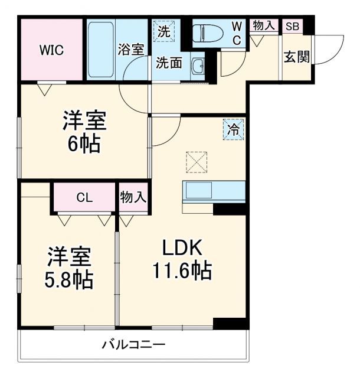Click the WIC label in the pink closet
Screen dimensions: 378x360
pos(51,50)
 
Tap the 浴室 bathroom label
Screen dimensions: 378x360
pos(130,50)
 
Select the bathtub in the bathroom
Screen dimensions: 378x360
pos(101,50)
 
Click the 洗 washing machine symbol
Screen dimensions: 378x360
pos(163,31)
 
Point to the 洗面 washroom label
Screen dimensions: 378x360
pos(168,64)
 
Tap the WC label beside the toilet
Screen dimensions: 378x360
pos(236,32)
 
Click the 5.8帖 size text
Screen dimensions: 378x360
pos(70,279)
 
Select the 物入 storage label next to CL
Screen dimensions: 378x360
pos(133,197)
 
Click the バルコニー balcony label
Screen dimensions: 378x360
pos(132,344)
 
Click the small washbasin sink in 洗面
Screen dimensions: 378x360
pos(197,67)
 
